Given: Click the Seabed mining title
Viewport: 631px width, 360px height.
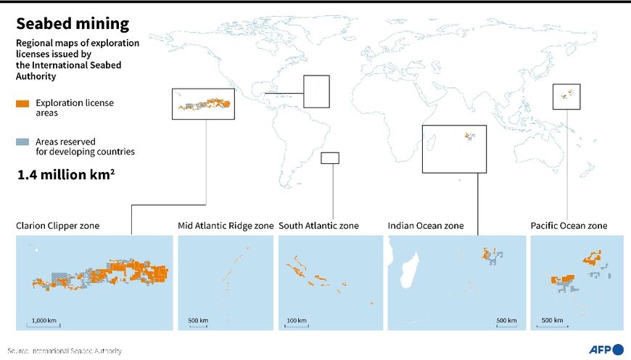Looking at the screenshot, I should coord(73,24).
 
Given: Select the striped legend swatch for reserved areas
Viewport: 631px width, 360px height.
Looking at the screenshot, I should coord(22,142).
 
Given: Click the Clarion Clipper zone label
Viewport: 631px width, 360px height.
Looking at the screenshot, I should coord(57,226).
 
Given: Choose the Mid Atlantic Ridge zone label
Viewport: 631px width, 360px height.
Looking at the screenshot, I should coord(226,226).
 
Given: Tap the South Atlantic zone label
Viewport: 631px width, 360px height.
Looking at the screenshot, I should coord(318,226).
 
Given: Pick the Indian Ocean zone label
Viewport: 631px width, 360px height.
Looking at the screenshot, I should coord(426,226).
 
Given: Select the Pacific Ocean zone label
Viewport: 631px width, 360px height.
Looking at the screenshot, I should coord(569,226).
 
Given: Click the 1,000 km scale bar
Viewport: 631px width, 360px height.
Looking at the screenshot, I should coord(44,321).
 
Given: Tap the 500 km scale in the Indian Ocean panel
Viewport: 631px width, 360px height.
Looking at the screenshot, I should coord(506,321).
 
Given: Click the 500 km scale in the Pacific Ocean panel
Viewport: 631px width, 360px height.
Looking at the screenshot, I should coord(552,321).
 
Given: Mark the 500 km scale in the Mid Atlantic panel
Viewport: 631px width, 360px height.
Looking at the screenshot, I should coord(198,321).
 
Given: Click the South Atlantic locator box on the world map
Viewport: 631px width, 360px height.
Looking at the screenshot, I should coord(330,158).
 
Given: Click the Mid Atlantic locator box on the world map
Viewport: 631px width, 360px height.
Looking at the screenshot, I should coord(316,91).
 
